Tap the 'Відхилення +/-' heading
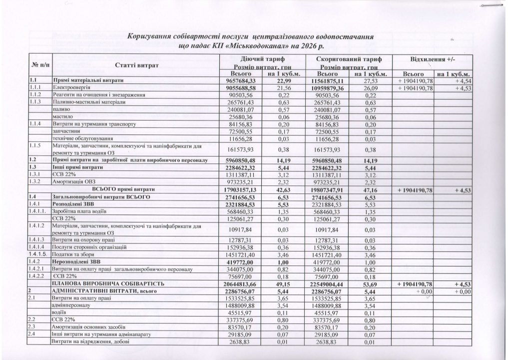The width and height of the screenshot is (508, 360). click(x=434, y=59)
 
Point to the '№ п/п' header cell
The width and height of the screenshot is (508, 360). click(x=41, y=65)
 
